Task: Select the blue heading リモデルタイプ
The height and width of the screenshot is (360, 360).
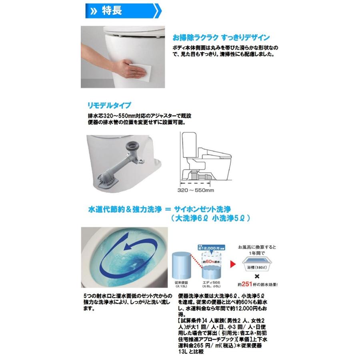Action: tap(109, 106)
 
